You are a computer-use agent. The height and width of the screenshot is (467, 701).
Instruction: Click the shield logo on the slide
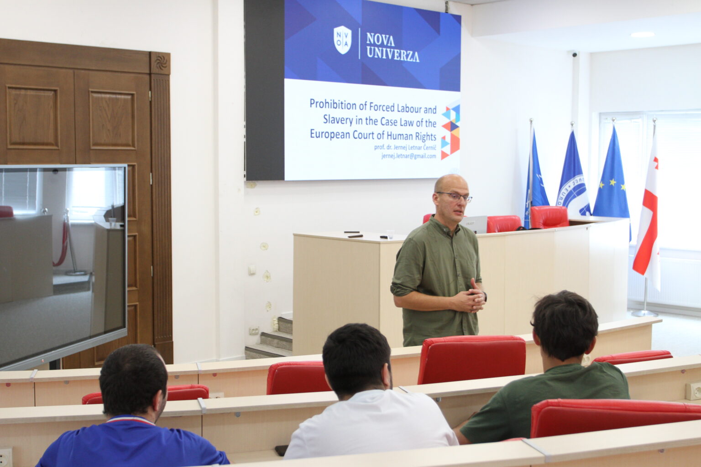coord(342,40)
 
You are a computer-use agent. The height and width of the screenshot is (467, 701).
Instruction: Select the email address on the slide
coord(409,156)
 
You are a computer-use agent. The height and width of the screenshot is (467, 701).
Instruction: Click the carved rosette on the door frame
coord(161,63)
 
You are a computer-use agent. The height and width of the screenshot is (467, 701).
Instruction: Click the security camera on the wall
coord(574,54)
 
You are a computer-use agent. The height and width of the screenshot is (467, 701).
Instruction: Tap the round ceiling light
coord(643,35)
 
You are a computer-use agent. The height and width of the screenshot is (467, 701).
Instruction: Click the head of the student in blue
coord(133,381)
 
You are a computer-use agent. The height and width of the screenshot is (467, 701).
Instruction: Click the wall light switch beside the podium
coord(252,270)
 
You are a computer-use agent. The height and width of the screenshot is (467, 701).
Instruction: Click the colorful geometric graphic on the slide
coord(450,132)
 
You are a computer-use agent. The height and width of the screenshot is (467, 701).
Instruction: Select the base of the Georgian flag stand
coord(644,313)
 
